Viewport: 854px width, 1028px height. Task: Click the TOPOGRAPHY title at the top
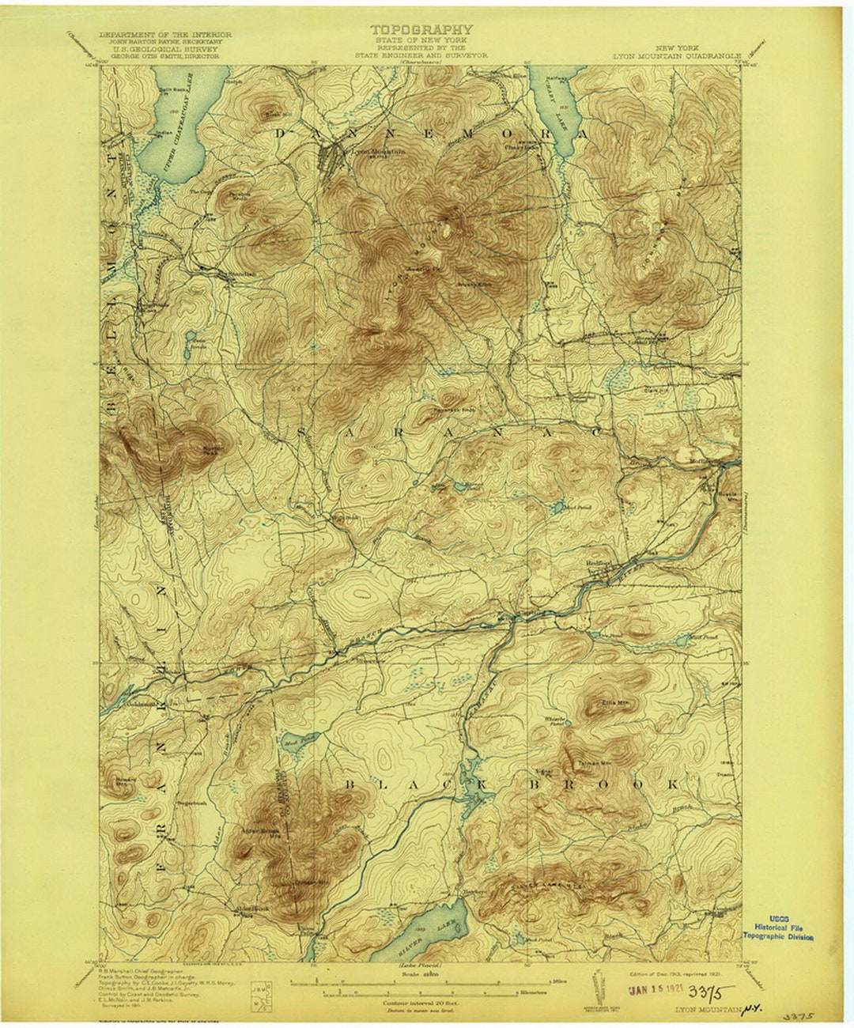(x=421, y=30)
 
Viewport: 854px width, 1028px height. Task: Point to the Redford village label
(x=599, y=562)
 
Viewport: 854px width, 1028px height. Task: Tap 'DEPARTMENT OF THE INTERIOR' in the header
(x=165, y=36)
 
